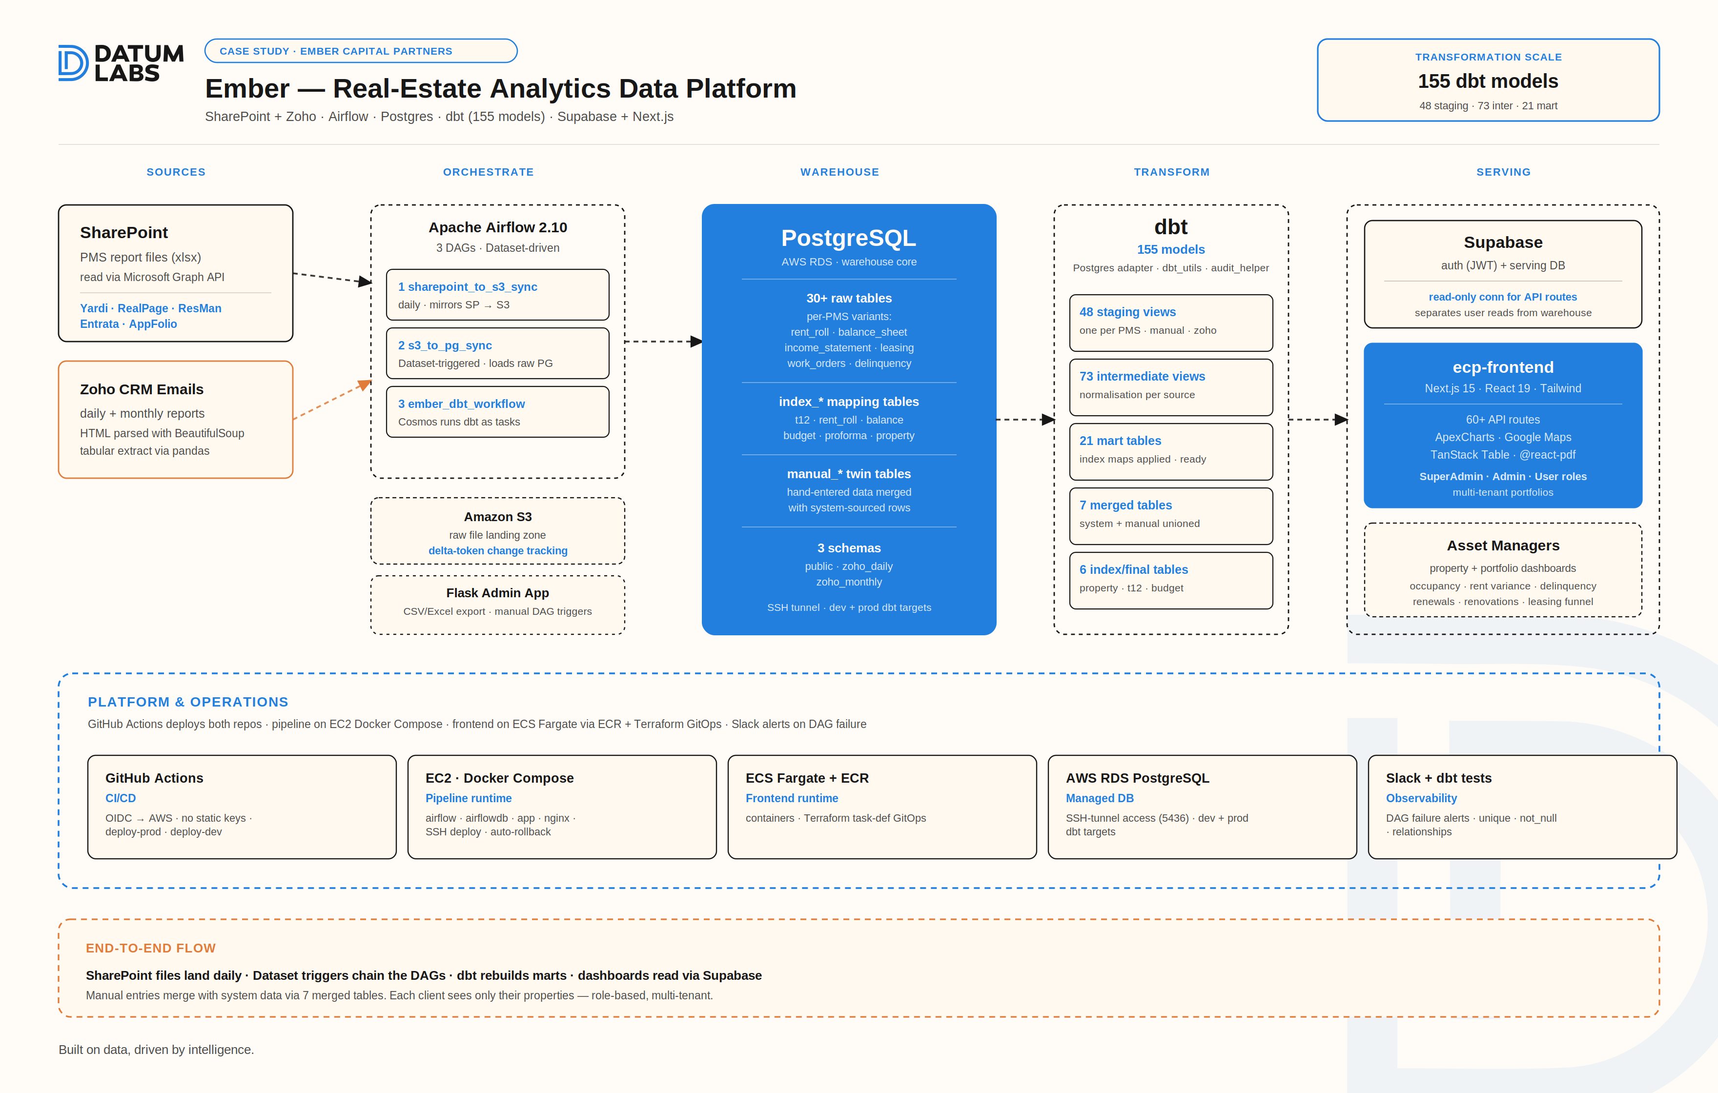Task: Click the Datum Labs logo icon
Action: [x=73, y=63]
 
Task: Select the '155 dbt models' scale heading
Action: [x=1488, y=81]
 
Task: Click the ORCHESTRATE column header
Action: [x=488, y=172]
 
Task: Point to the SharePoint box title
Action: [x=123, y=233]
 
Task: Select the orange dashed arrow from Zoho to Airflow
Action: [x=332, y=400]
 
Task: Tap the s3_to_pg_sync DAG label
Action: [x=445, y=345]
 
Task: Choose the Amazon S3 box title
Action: [x=497, y=517]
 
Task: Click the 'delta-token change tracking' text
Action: [x=497, y=551]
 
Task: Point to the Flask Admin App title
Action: [x=497, y=593]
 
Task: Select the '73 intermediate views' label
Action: [x=1142, y=376]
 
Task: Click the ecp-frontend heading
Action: [x=1503, y=367]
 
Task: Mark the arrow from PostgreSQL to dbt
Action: [x=1025, y=420]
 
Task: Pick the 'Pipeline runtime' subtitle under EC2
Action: [x=468, y=798]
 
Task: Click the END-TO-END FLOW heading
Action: [x=150, y=948]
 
